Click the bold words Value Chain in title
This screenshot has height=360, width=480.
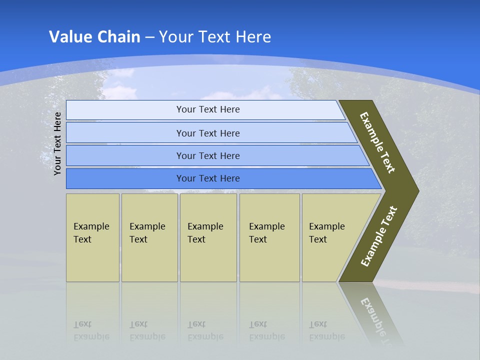tap(94, 37)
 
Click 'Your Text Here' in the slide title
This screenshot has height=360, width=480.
tap(215, 37)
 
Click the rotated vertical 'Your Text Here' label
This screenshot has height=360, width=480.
tap(57, 143)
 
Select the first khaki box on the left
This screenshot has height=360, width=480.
tap(92, 237)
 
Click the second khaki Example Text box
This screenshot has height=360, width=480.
tap(149, 237)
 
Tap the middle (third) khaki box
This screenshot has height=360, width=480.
tap(208, 237)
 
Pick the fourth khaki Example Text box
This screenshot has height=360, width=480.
tap(269, 237)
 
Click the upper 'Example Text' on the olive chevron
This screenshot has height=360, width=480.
tap(377, 142)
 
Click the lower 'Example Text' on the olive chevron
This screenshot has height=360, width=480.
tap(379, 236)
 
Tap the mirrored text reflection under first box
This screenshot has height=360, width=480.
tap(91, 330)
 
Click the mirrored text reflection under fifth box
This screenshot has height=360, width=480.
tap(326, 330)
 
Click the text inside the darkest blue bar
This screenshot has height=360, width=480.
tap(208, 178)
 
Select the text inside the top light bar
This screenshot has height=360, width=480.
tap(208, 109)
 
